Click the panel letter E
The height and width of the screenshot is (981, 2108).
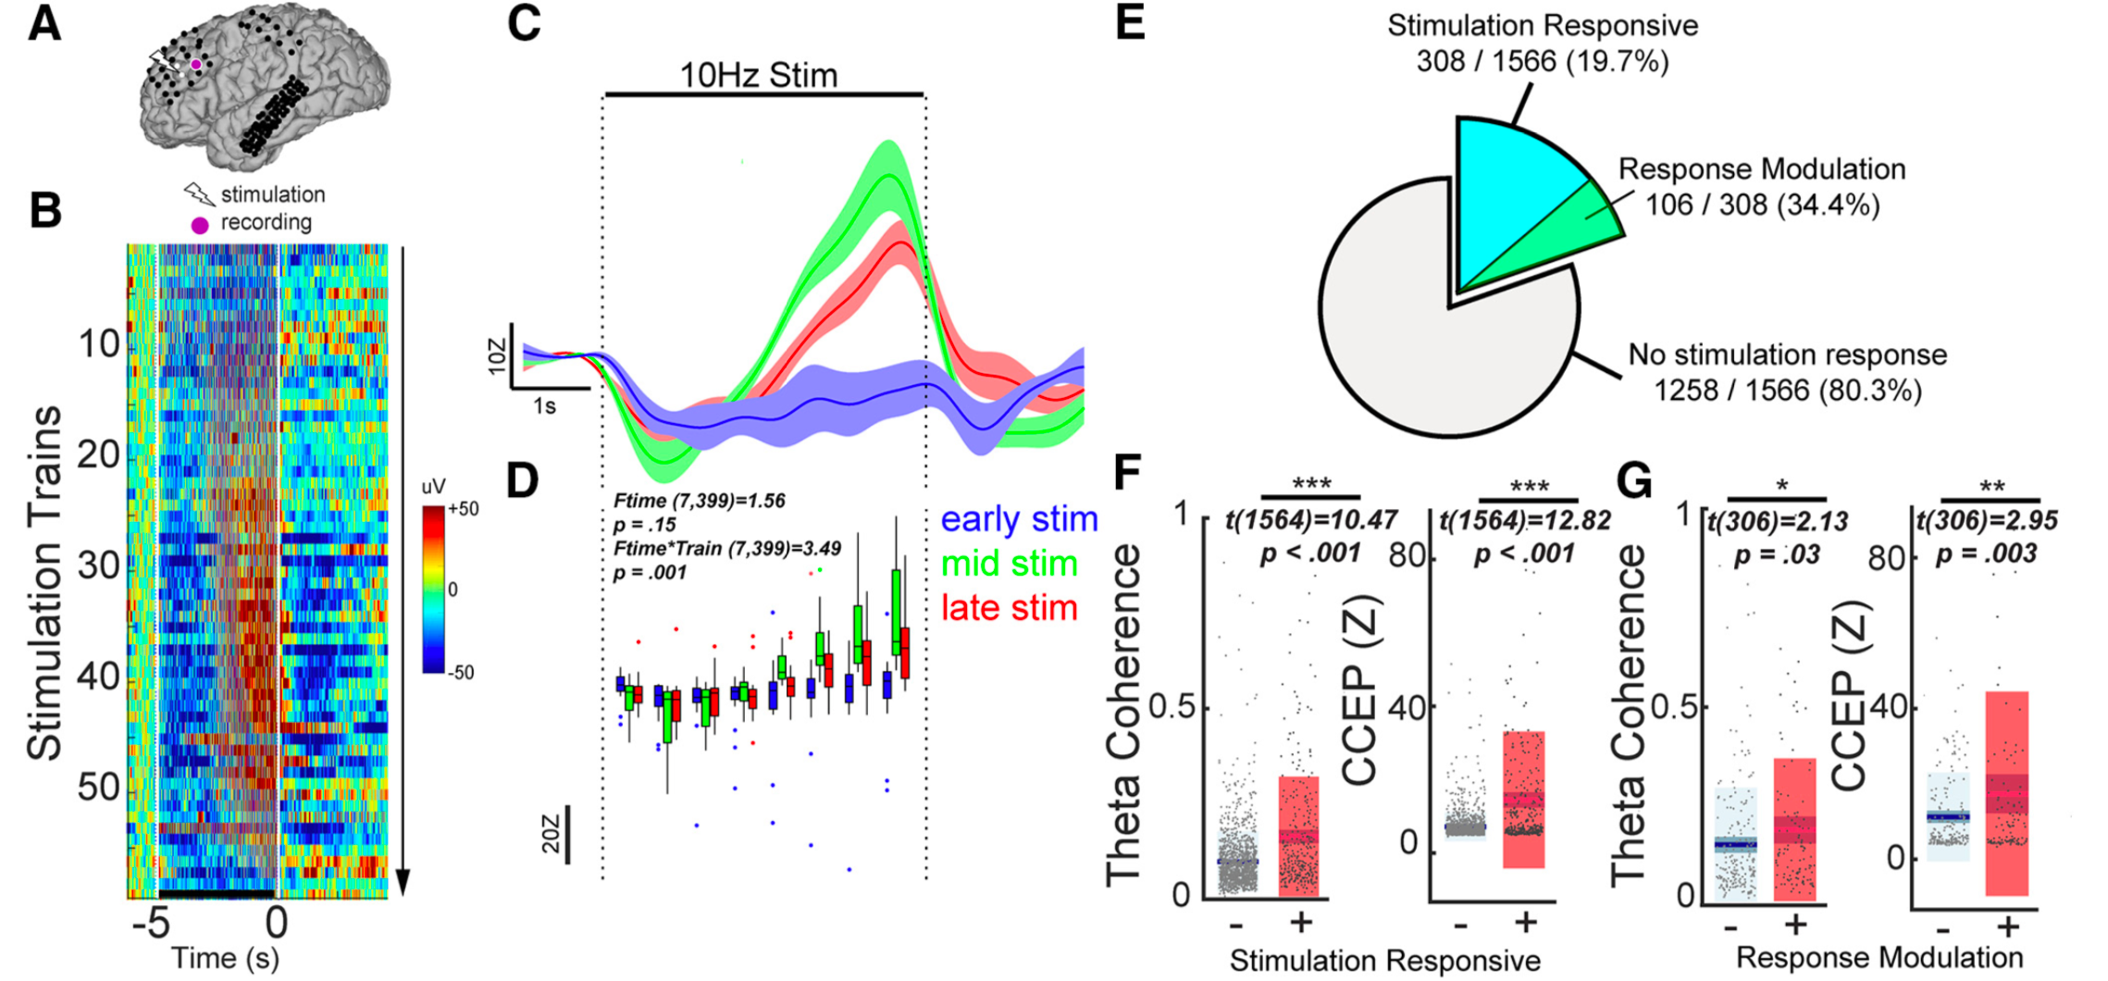(x=1130, y=22)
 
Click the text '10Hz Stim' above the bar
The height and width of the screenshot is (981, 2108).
(x=759, y=75)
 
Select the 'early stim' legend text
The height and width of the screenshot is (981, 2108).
(x=1019, y=519)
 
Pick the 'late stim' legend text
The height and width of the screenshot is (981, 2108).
(x=1010, y=608)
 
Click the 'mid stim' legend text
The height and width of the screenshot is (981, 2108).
(x=1010, y=564)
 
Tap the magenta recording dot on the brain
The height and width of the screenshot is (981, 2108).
(x=196, y=65)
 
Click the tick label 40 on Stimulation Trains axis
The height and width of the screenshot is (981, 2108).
(x=99, y=676)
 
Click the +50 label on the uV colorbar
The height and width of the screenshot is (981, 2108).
(x=463, y=509)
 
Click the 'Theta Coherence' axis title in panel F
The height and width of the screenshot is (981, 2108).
(x=1123, y=713)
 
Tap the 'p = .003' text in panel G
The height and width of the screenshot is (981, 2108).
(x=1986, y=553)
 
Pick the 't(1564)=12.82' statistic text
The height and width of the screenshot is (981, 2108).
(x=1525, y=520)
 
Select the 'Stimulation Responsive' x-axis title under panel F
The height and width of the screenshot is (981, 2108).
(x=1384, y=961)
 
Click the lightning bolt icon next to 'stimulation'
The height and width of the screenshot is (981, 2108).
(x=199, y=194)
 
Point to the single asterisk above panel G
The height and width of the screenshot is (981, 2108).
(x=1781, y=486)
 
